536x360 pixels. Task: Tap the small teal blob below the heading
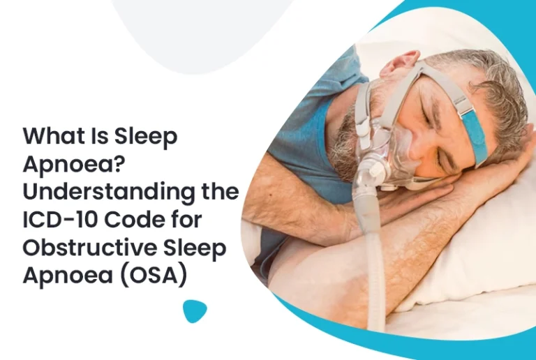click(195, 311)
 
